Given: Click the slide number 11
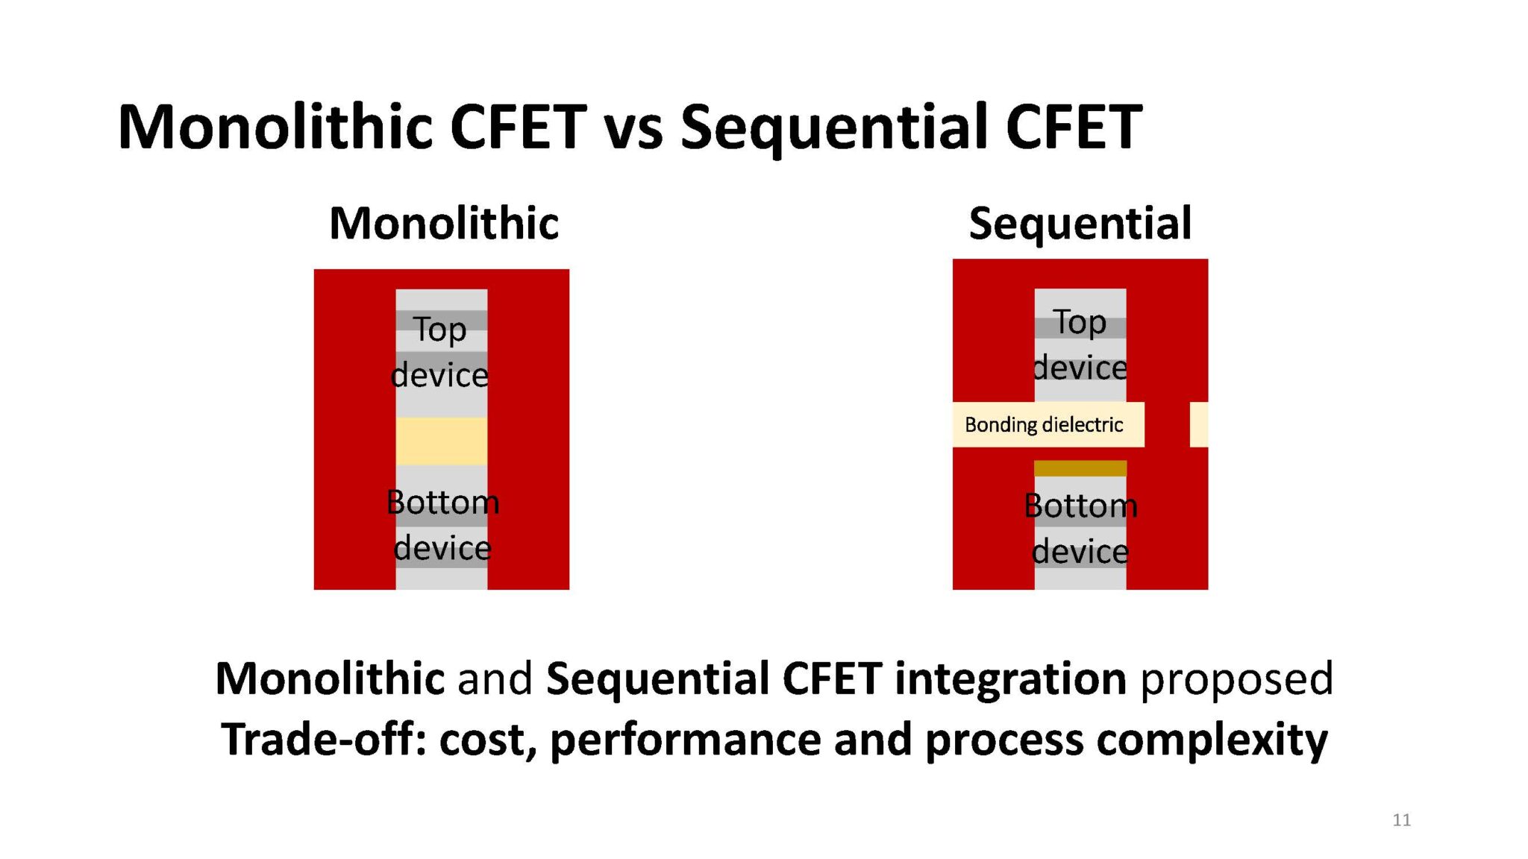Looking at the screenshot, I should [1401, 819].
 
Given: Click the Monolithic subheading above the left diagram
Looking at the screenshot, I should [444, 223].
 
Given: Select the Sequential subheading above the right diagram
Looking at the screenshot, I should [1080, 223].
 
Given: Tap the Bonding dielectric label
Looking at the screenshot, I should [1043, 425].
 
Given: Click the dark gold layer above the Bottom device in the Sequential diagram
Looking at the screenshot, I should [1080, 468].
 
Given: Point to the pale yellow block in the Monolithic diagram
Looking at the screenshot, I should [441, 441].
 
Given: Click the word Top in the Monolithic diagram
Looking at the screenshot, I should [440, 330].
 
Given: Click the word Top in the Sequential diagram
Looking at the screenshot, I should [1080, 322].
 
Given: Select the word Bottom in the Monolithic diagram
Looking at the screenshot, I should [442, 502].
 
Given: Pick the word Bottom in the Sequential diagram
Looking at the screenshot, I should [1080, 506].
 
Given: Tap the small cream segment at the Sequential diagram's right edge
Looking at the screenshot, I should [1198, 425].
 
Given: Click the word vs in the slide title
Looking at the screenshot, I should [633, 128].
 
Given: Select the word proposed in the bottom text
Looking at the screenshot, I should [1236, 679].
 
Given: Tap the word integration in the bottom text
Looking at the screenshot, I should [1010, 679].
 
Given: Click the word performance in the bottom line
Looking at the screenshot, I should [685, 740].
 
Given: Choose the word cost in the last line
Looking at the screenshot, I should [486, 740].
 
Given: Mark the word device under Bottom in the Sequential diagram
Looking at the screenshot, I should [1080, 552].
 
